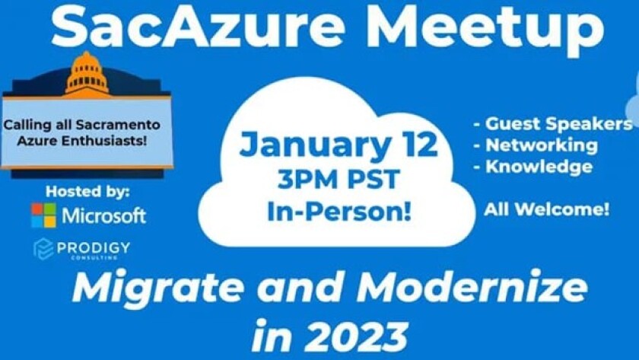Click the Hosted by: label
pyautogui.click(x=87, y=191)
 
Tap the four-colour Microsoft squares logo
pyautogui.click(x=43, y=215)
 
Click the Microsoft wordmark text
pyautogui.click(x=104, y=215)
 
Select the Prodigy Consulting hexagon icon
pyautogui.click(x=43, y=249)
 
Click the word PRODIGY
pyautogui.click(x=99, y=247)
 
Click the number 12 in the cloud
pyautogui.click(x=417, y=145)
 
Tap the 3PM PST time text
pyautogui.click(x=339, y=180)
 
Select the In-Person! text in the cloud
pyautogui.click(x=339, y=212)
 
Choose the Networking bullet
pyautogui.click(x=536, y=145)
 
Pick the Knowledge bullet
pyautogui.click(x=533, y=167)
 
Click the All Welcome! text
pyautogui.click(x=547, y=209)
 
